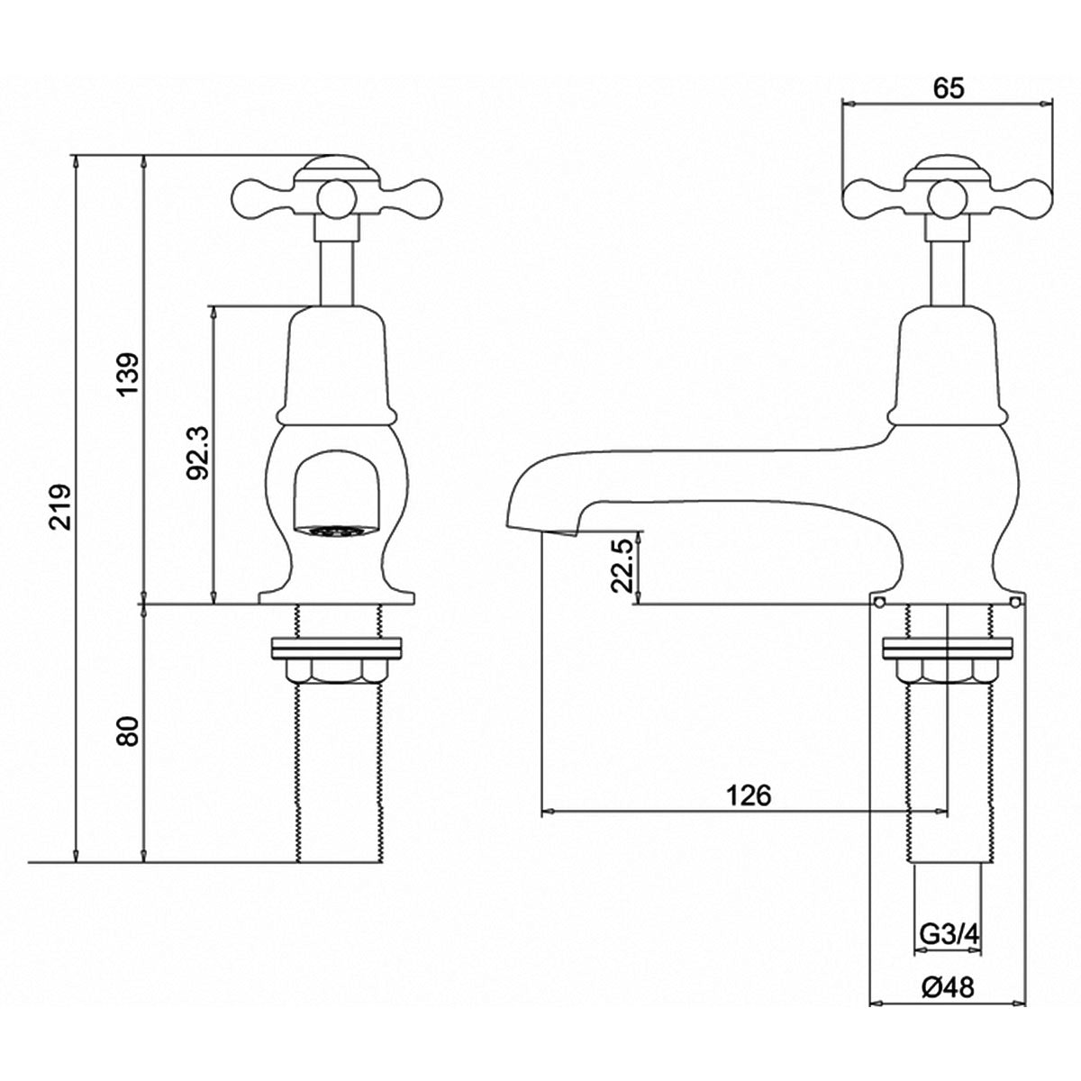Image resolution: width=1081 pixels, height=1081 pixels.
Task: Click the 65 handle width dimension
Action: [x=948, y=87]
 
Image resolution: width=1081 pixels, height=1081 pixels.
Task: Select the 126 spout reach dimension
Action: [x=749, y=795]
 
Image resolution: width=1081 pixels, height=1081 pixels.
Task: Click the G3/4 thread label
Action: [x=949, y=935]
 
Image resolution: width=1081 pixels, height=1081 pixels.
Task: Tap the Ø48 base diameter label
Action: [x=948, y=987]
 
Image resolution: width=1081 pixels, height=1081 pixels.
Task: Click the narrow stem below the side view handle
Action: [x=946, y=270]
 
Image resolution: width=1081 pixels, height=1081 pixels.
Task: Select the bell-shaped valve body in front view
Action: [x=337, y=365]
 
